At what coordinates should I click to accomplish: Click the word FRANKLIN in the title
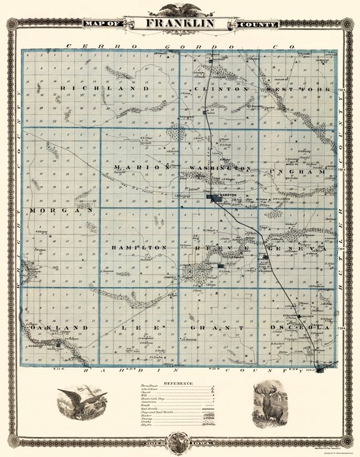pos(181,24)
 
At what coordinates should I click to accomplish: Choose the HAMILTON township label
pos(139,247)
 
